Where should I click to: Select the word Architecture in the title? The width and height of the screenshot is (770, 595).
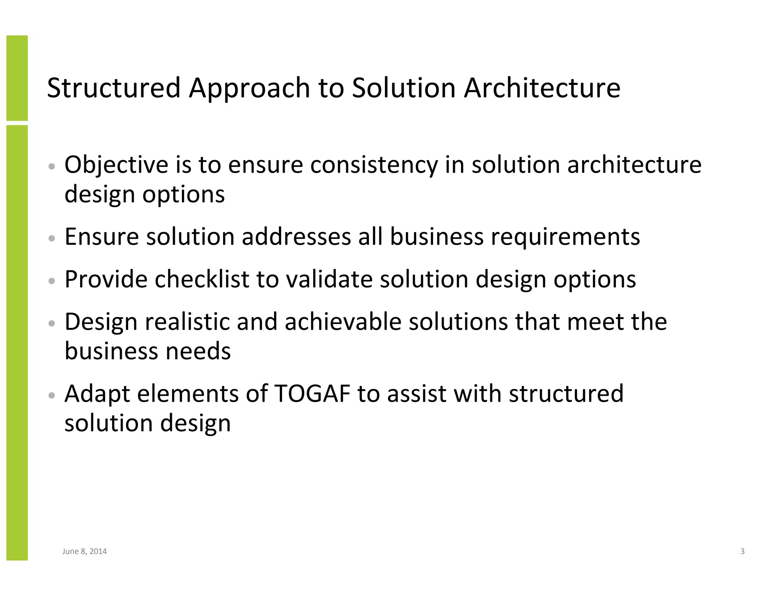(x=542, y=88)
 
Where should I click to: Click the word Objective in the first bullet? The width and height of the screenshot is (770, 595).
(x=116, y=165)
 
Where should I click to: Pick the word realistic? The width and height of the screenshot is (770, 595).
(x=187, y=322)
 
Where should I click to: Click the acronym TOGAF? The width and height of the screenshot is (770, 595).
(x=312, y=394)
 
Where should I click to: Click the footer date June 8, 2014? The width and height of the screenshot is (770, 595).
(x=84, y=551)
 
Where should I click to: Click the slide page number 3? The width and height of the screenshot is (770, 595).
(x=742, y=551)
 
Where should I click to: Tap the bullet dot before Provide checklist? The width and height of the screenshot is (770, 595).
(x=52, y=281)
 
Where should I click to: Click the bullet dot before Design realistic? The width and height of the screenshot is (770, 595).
(x=52, y=323)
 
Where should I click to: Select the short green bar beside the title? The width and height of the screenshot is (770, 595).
(x=17, y=78)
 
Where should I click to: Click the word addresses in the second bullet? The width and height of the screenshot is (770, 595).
(x=296, y=237)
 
